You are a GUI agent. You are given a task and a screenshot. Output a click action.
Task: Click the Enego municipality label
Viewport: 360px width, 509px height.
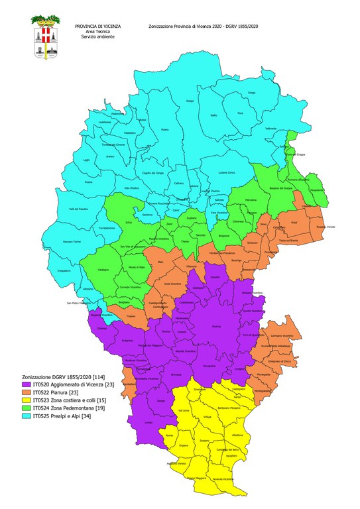tap(251, 92)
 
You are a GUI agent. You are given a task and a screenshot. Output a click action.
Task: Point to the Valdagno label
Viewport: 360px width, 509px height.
tap(104, 270)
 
